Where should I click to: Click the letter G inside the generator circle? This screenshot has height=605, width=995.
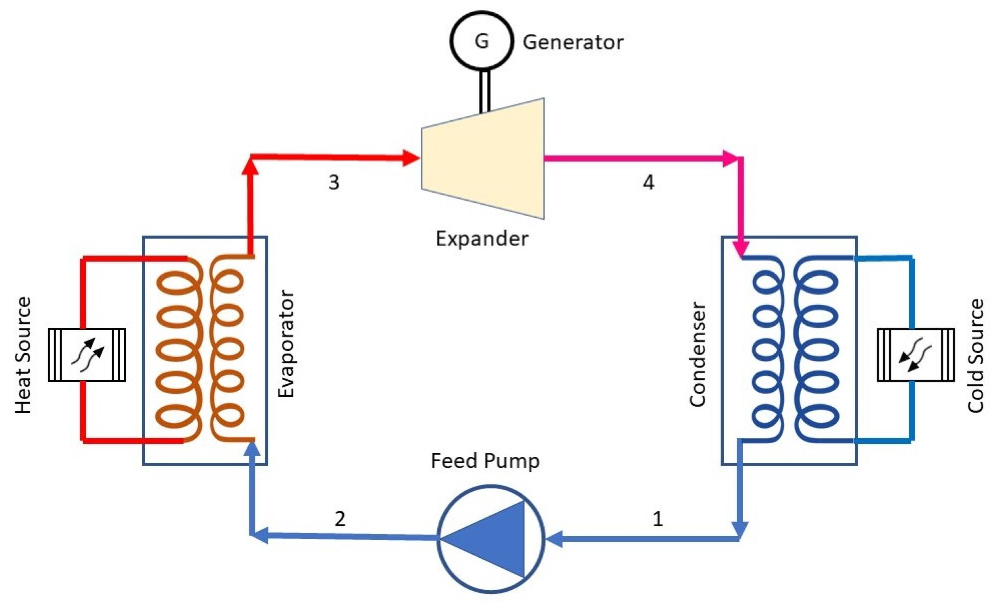[x=482, y=41]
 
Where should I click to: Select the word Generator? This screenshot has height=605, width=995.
[x=573, y=43]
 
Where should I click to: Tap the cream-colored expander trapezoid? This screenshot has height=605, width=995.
[x=483, y=158]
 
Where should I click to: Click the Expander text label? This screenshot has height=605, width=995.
[x=482, y=238]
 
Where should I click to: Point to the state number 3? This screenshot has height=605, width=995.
[x=334, y=183]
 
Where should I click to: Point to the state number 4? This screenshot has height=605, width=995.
[x=648, y=183]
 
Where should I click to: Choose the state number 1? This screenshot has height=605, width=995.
[x=658, y=519]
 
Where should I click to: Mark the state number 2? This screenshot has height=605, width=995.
[x=340, y=519]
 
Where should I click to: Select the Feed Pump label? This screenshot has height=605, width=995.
[x=485, y=461]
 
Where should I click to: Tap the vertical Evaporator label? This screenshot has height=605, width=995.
[x=286, y=344]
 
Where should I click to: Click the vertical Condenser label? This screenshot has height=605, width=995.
[x=697, y=354]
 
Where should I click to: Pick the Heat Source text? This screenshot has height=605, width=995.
[x=23, y=355]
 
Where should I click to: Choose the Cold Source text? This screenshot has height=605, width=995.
[x=976, y=356]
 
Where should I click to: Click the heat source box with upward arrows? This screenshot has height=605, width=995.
[x=87, y=355]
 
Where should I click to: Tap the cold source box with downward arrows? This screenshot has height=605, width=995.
[x=916, y=355]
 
